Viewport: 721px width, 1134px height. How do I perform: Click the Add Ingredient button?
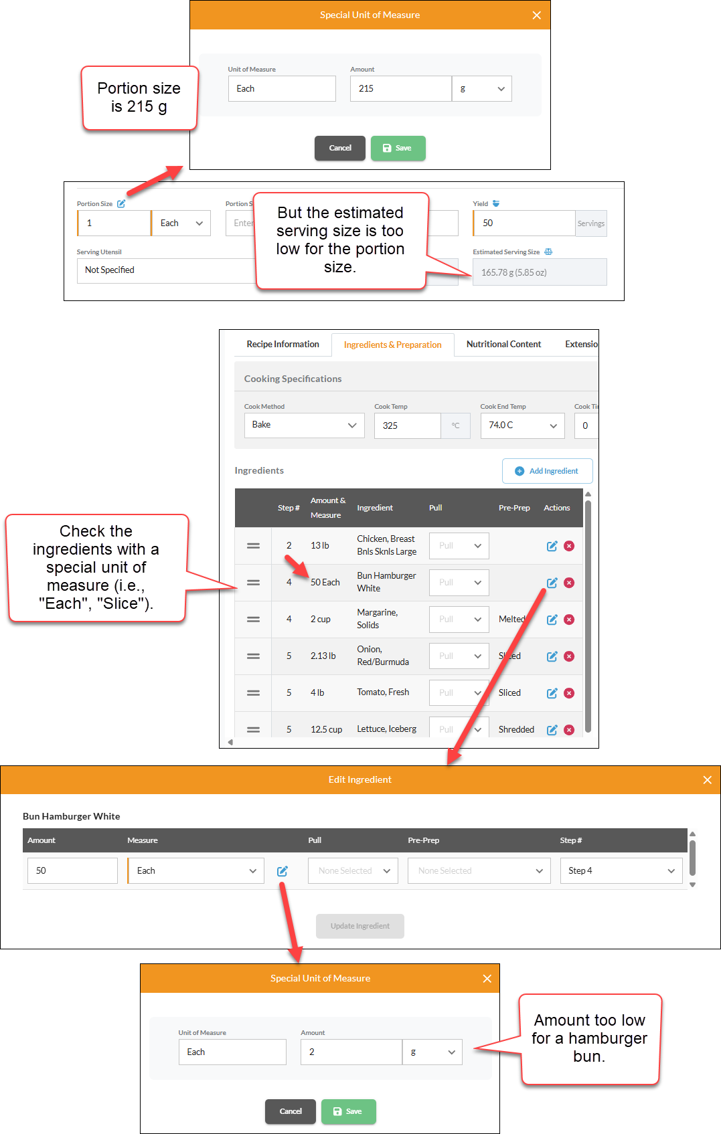click(547, 471)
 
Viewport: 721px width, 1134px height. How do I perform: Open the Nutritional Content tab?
click(503, 345)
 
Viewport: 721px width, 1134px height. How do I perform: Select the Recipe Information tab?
click(283, 345)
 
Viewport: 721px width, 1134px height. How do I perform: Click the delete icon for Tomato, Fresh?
click(569, 693)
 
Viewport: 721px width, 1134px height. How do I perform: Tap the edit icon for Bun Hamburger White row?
click(552, 583)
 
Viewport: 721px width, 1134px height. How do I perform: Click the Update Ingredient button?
click(360, 926)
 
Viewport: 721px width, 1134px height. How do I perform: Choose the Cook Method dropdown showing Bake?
click(304, 426)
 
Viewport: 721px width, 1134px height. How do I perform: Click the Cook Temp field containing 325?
click(408, 426)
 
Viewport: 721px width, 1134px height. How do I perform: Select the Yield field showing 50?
click(524, 223)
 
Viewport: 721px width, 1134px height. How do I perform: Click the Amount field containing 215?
click(400, 88)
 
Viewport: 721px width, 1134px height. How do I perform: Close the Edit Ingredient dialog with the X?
click(708, 780)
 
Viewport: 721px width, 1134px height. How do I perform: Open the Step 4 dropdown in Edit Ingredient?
click(621, 871)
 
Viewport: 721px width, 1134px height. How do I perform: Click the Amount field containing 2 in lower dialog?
click(351, 1052)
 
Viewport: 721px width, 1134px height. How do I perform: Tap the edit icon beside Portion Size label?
click(121, 203)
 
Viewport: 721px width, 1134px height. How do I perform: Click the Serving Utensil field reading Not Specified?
click(167, 270)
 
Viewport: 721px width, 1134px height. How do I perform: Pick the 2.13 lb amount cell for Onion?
click(323, 656)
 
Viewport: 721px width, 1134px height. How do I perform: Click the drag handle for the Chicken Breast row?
click(253, 546)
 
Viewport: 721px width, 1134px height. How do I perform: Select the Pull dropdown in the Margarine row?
click(459, 619)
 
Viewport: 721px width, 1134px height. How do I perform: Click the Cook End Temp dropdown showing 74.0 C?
click(522, 426)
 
